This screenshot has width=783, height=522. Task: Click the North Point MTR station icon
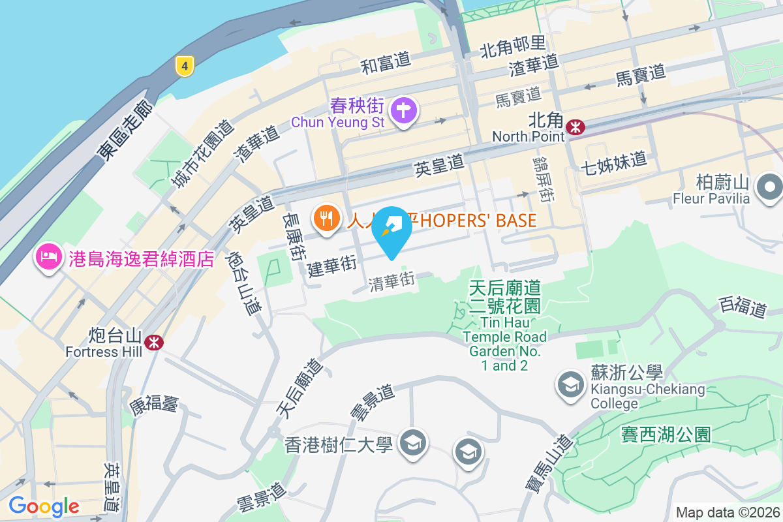click(576, 127)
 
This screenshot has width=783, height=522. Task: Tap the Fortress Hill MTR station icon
click(154, 341)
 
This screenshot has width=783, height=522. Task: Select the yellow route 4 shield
click(185, 65)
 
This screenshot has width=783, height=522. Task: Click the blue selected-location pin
click(391, 232)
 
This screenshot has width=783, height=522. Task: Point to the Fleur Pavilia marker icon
click(770, 188)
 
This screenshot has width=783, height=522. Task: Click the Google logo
click(44, 506)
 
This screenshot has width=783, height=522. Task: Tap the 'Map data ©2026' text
click(727, 512)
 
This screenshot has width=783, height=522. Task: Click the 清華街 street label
click(391, 283)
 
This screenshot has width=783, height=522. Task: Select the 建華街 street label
click(332, 267)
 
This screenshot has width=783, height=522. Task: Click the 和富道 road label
click(386, 62)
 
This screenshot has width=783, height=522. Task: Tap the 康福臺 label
click(154, 405)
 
